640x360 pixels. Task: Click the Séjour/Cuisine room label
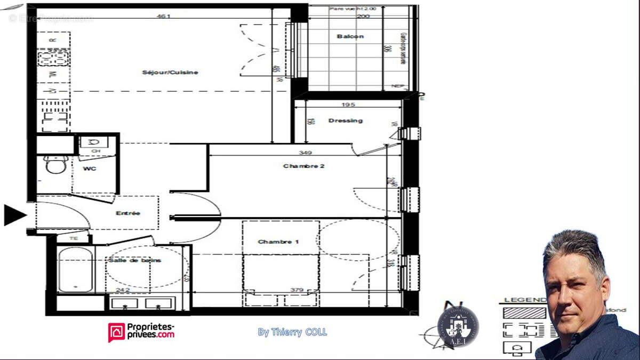tap(170, 73)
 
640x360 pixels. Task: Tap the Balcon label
tap(350, 36)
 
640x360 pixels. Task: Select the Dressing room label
tap(345, 121)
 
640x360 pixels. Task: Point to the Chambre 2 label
tap(303, 166)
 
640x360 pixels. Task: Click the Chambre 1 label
tap(278, 242)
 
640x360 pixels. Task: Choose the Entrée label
tap(128, 213)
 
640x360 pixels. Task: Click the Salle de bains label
tap(135, 260)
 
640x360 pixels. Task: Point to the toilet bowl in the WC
tap(54, 165)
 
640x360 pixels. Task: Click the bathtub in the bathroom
tap(75, 269)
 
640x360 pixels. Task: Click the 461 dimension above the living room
tap(163, 16)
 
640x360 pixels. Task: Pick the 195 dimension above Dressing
tap(349, 105)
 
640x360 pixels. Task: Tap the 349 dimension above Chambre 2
tap(306, 153)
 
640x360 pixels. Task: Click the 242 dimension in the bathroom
tap(123, 291)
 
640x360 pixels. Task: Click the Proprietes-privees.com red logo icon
tap(116, 331)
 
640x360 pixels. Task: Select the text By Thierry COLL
tap(292, 332)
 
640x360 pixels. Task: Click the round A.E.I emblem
tap(458, 326)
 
